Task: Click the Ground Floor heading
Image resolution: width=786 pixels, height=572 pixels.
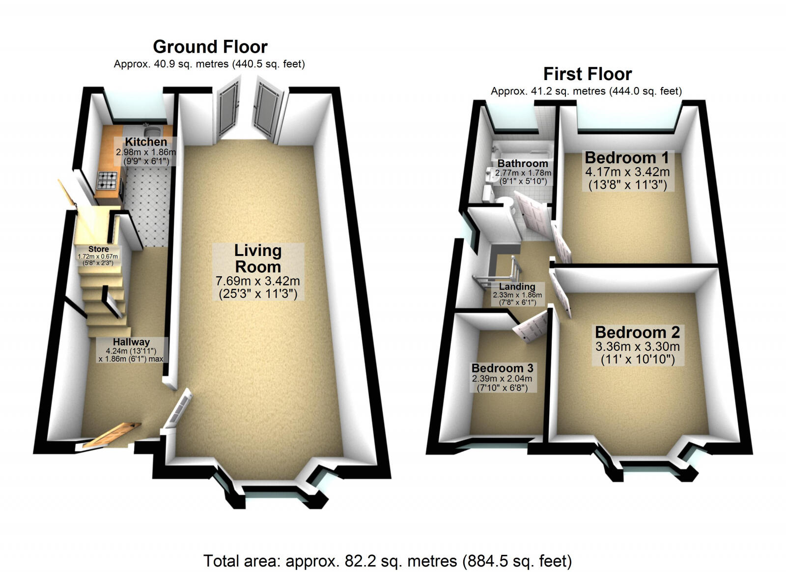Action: click(210, 47)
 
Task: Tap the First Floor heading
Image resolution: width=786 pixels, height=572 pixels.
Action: click(587, 74)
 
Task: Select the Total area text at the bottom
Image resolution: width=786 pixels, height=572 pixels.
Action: click(388, 560)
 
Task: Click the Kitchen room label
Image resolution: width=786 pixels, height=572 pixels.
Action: click(145, 142)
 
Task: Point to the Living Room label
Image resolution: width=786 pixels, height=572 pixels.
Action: click(258, 258)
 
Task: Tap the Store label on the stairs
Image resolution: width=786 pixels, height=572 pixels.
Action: click(99, 249)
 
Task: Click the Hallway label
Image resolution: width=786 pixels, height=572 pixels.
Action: click(131, 342)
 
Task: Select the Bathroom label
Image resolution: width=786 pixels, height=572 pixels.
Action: click(523, 163)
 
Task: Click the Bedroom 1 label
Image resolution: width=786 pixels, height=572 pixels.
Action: click(627, 158)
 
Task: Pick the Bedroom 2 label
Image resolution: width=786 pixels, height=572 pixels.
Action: click(637, 332)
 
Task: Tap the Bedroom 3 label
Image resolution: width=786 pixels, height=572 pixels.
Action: click(502, 368)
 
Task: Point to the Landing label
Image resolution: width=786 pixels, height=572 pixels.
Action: click(517, 286)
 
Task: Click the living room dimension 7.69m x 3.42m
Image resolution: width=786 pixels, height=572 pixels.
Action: click(258, 282)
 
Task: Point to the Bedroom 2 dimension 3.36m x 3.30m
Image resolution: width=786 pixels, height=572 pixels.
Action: click(638, 346)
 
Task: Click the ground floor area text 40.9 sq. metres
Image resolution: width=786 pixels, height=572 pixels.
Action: click(209, 64)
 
